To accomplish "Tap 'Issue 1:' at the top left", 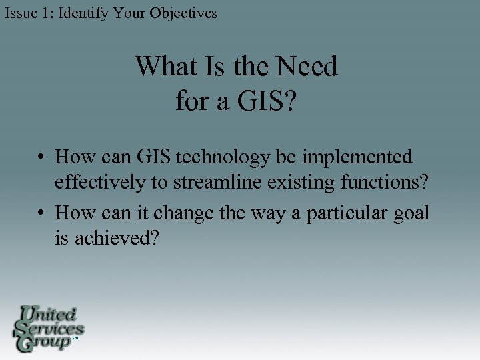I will tap(29, 13).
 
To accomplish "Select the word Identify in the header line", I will tap(83, 13).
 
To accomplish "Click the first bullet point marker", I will tap(41, 158).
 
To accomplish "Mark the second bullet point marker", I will tap(41, 213).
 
